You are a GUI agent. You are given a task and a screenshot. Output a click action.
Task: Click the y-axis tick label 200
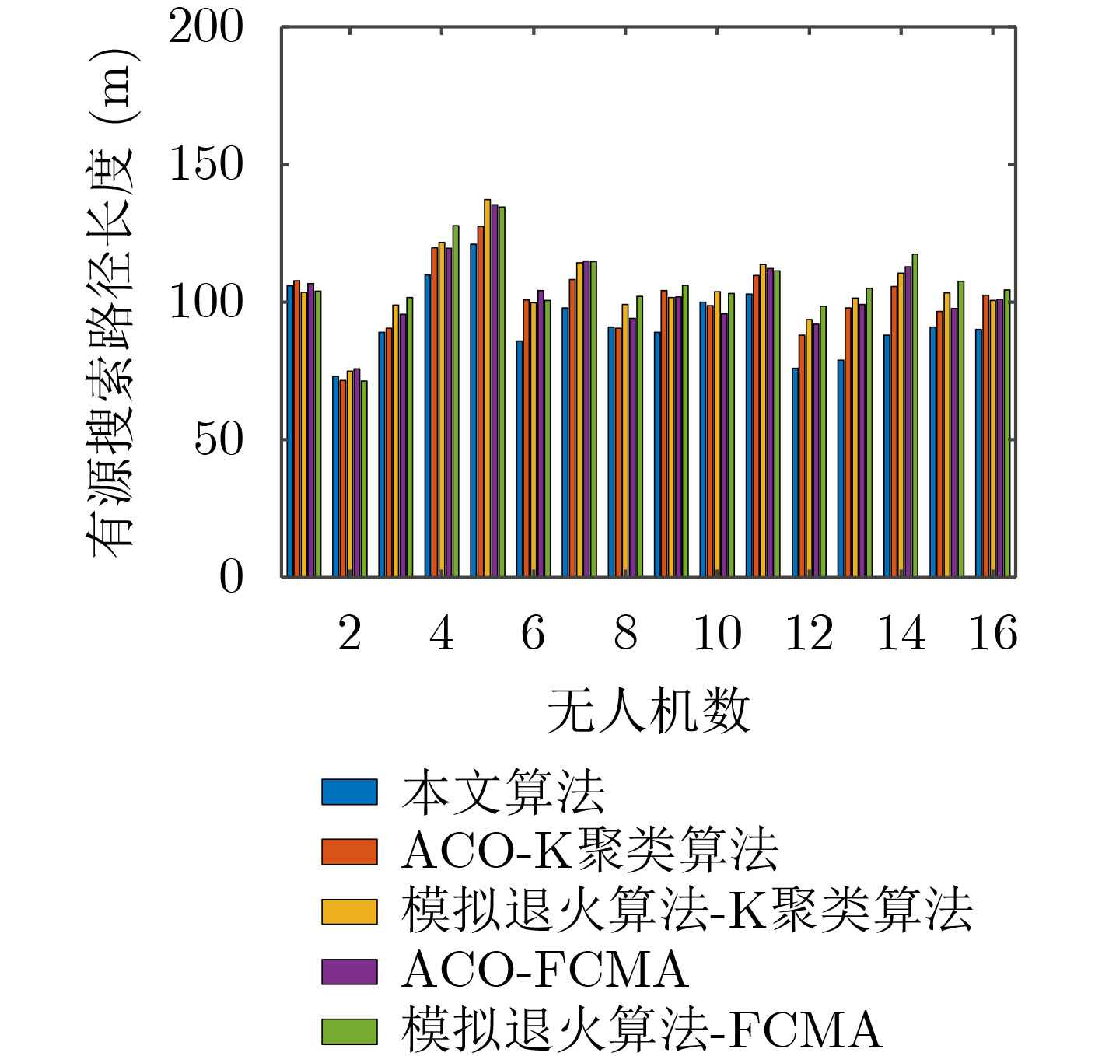(206, 28)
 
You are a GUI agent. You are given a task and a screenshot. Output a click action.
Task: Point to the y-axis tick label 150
(206, 165)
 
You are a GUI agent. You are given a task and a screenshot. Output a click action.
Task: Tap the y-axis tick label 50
(219, 439)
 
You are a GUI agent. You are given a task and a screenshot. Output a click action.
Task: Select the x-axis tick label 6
(534, 633)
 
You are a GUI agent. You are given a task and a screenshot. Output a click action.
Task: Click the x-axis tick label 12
(809, 633)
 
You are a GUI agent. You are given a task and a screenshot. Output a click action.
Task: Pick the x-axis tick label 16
(992, 633)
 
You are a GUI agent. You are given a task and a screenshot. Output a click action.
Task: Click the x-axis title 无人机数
(648, 710)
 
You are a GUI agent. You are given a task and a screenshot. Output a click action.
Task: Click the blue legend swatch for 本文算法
(349, 792)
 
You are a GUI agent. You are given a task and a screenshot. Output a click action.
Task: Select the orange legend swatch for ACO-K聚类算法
(349, 851)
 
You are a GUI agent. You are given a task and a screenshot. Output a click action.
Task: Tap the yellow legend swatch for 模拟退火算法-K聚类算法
(349, 911)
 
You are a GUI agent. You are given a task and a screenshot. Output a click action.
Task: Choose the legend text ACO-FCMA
(544, 970)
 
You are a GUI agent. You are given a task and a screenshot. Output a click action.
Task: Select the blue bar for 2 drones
(336, 476)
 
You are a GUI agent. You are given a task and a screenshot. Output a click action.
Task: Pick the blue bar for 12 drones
(795, 472)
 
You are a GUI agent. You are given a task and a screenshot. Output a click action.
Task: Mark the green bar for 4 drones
(456, 400)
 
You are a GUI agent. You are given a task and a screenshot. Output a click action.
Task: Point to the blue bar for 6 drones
(520, 458)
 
